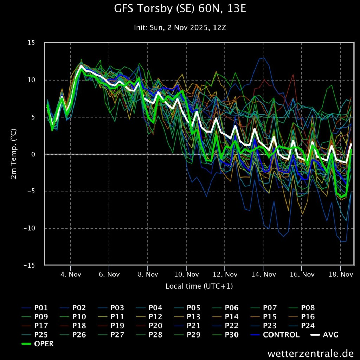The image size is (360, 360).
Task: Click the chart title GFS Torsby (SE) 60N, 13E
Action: click(x=180, y=9)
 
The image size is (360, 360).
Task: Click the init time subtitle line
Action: click(x=180, y=27)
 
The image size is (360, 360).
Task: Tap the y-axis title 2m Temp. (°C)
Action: click(x=14, y=154)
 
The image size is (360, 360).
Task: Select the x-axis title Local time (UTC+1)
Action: click(x=199, y=286)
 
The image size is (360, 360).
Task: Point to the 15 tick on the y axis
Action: click(x=31, y=43)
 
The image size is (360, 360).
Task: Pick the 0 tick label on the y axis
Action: click(x=33, y=154)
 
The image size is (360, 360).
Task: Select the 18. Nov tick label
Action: click(x=340, y=274)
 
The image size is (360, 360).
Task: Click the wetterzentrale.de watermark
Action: click(x=310, y=353)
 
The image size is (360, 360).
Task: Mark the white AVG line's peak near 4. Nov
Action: click(x=82, y=65)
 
